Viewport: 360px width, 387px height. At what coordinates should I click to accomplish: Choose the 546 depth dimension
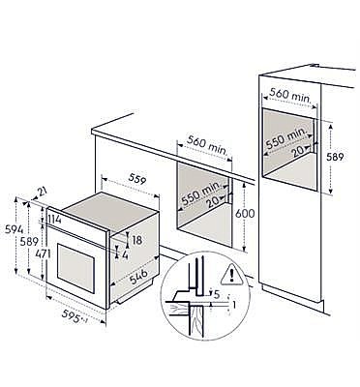click(140, 277)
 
